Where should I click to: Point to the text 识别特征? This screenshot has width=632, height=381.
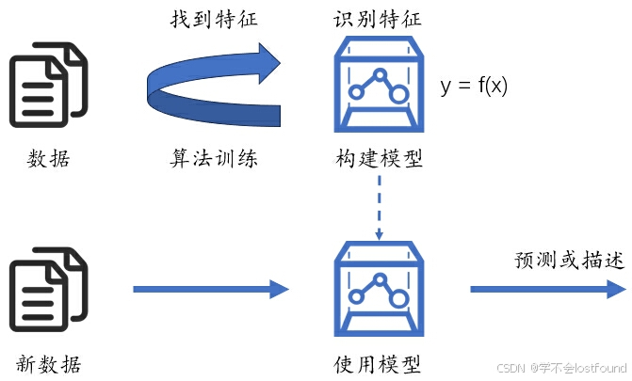pyautogui.click(x=378, y=19)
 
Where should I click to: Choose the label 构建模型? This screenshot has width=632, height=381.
pyautogui.click(x=378, y=158)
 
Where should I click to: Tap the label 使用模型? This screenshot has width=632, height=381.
pyautogui.click(x=378, y=363)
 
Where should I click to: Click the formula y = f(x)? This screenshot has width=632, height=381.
pyautogui.click(x=473, y=87)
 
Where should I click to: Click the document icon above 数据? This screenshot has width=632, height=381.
pyautogui.click(x=48, y=86)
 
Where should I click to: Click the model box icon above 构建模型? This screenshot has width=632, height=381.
pyautogui.click(x=378, y=86)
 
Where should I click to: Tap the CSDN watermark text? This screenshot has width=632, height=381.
pyautogui.click(x=561, y=368)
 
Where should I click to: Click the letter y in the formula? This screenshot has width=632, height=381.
pyautogui.click(x=446, y=88)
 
